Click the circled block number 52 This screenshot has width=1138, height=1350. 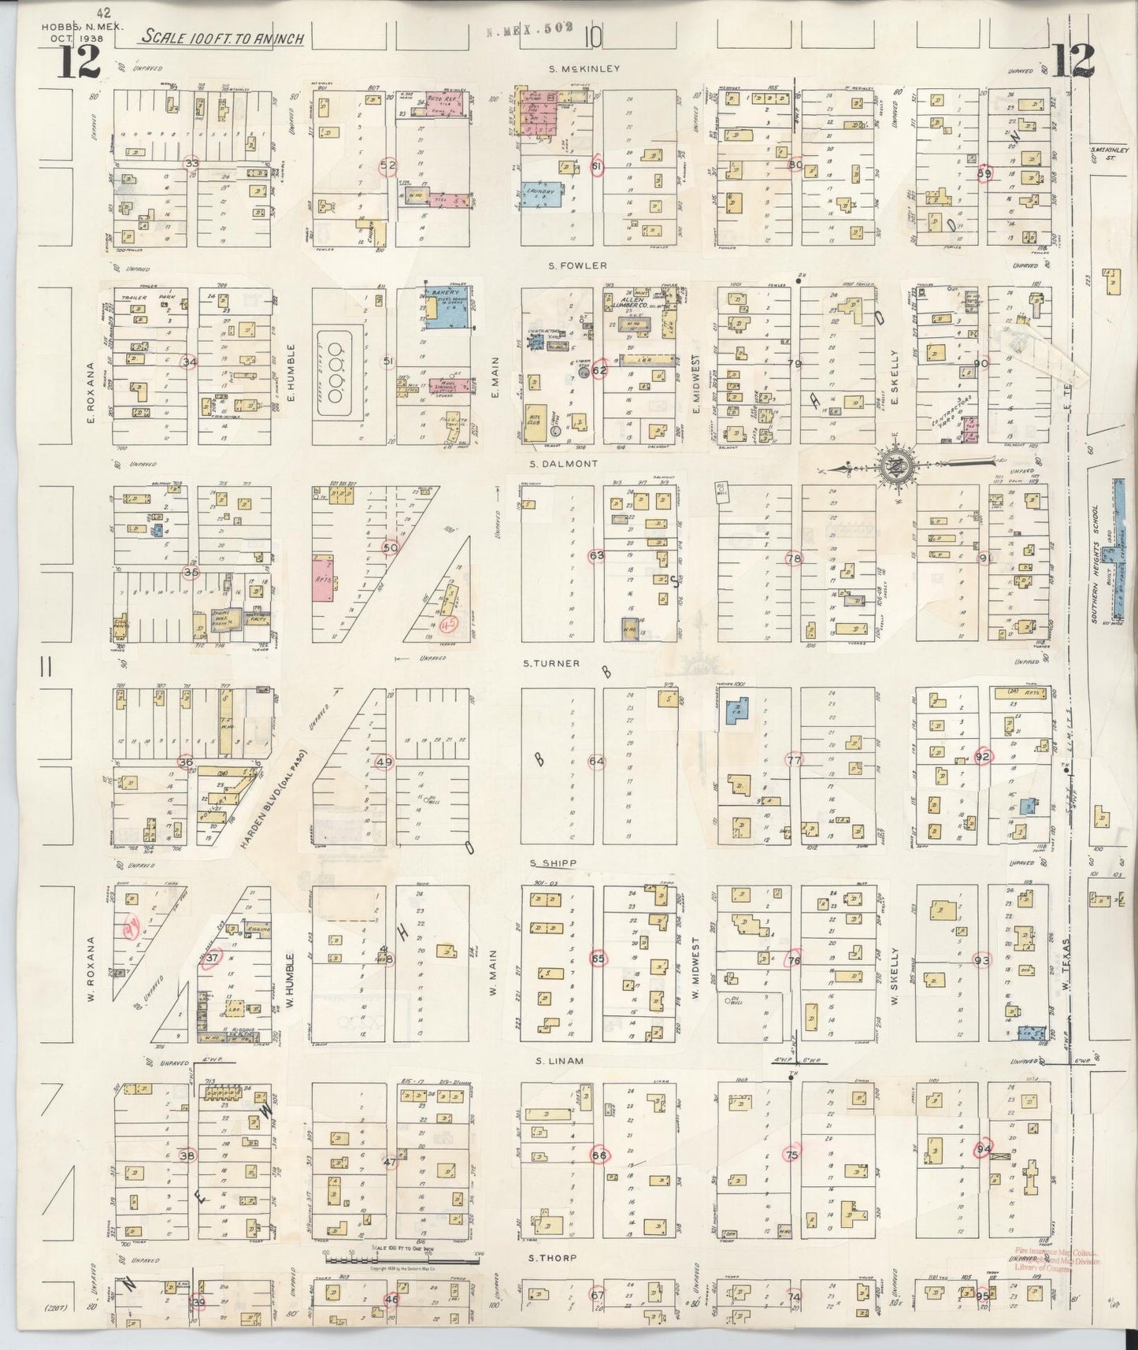tap(387, 165)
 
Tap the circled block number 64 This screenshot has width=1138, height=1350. tap(597, 762)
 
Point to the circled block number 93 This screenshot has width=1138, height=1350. tap(981, 960)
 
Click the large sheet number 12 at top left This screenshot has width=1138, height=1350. tap(79, 61)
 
